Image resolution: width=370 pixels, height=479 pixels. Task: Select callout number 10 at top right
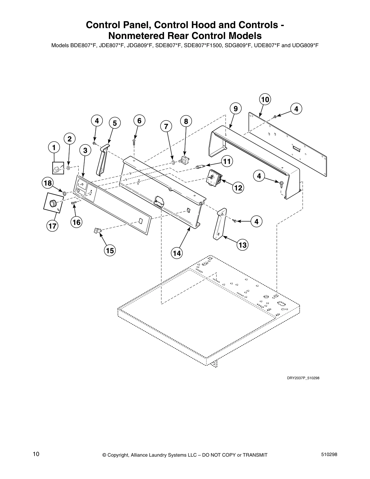tap(265, 99)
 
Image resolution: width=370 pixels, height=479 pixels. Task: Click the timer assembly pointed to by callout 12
tap(214, 178)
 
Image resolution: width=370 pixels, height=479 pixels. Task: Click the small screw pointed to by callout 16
tap(74, 204)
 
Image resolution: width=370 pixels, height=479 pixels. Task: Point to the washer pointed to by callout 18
tap(64, 193)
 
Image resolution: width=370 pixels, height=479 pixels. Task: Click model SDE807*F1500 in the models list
tap(203, 46)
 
